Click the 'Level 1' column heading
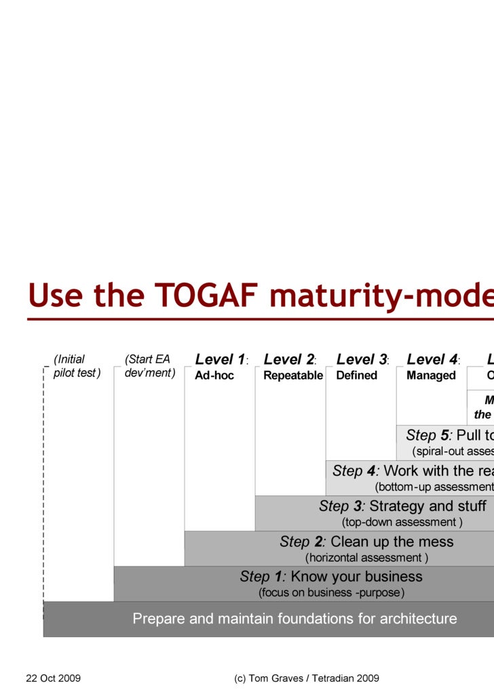pyautogui.click(x=221, y=359)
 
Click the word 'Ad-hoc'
pyautogui.click(x=214, y=375)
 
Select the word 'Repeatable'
pyautogui.click(x=293, y=375)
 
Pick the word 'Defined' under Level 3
pyautogui.click(x=357, y=375)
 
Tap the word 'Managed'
pyautogui.click(x=431, y=375)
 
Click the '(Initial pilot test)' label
pyautogui.click(x=76, y=366)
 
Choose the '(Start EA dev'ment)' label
pyautogui.click(x=149, y=366)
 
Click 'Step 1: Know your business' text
pyautogui.click(x=331, y=577)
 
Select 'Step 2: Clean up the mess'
pyautogui.click(x=366, y=541)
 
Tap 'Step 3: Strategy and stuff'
pyautogui.click(x=402, y=506)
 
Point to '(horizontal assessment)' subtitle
pyautogui.click(x=366, y=558)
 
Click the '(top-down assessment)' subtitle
pyautogui.click(x=402, y=522)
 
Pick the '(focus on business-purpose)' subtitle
pyautogui.click(x=331, y=593)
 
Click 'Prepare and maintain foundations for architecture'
pyautogui.click(x=294, y=619)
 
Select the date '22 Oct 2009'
pyautogui.click(x=54, y=678)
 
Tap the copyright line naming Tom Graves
pyautogui.click(x=306, y=678)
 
